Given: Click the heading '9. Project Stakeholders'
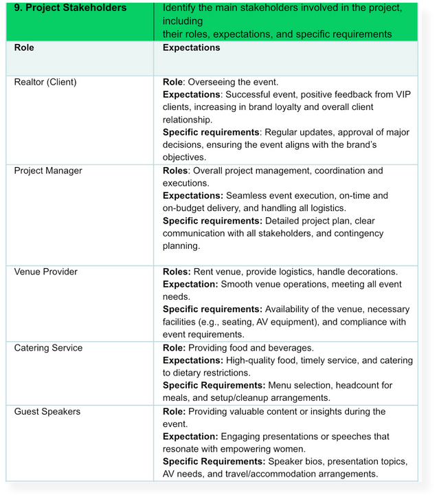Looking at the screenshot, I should coord(71,8).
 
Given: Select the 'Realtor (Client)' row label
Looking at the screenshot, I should coord(45,83).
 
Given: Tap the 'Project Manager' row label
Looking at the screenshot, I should coord(48,171).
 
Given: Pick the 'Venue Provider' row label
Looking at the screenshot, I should coord(46,272).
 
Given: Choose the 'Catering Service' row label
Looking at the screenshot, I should coord(48,348).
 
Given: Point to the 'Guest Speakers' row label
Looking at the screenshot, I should coord(47,411).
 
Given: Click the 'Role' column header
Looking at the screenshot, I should coord(24,48).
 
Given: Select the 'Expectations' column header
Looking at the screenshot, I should coord(191,48).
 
